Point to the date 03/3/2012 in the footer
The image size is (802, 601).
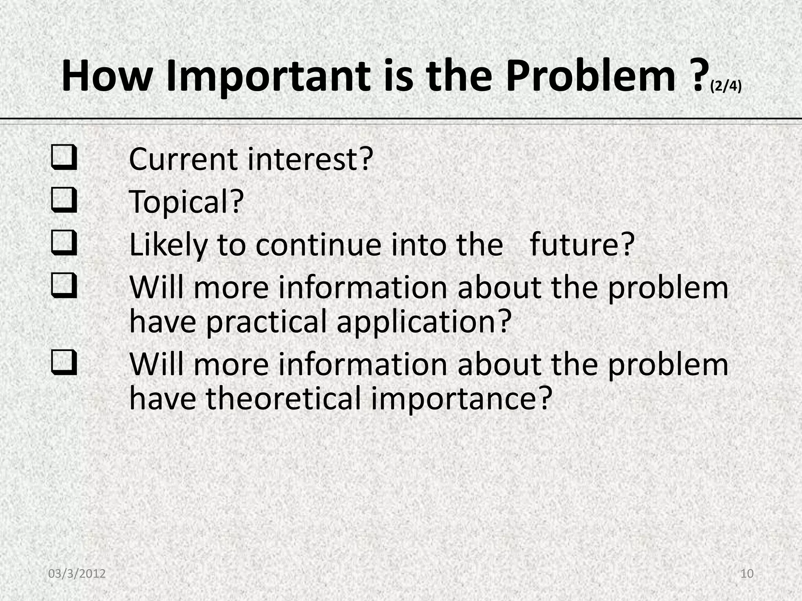pos(77,574)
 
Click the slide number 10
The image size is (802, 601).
pos(747,574)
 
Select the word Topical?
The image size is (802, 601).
pos(186,202)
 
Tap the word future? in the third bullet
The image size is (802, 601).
pos(582,245)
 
